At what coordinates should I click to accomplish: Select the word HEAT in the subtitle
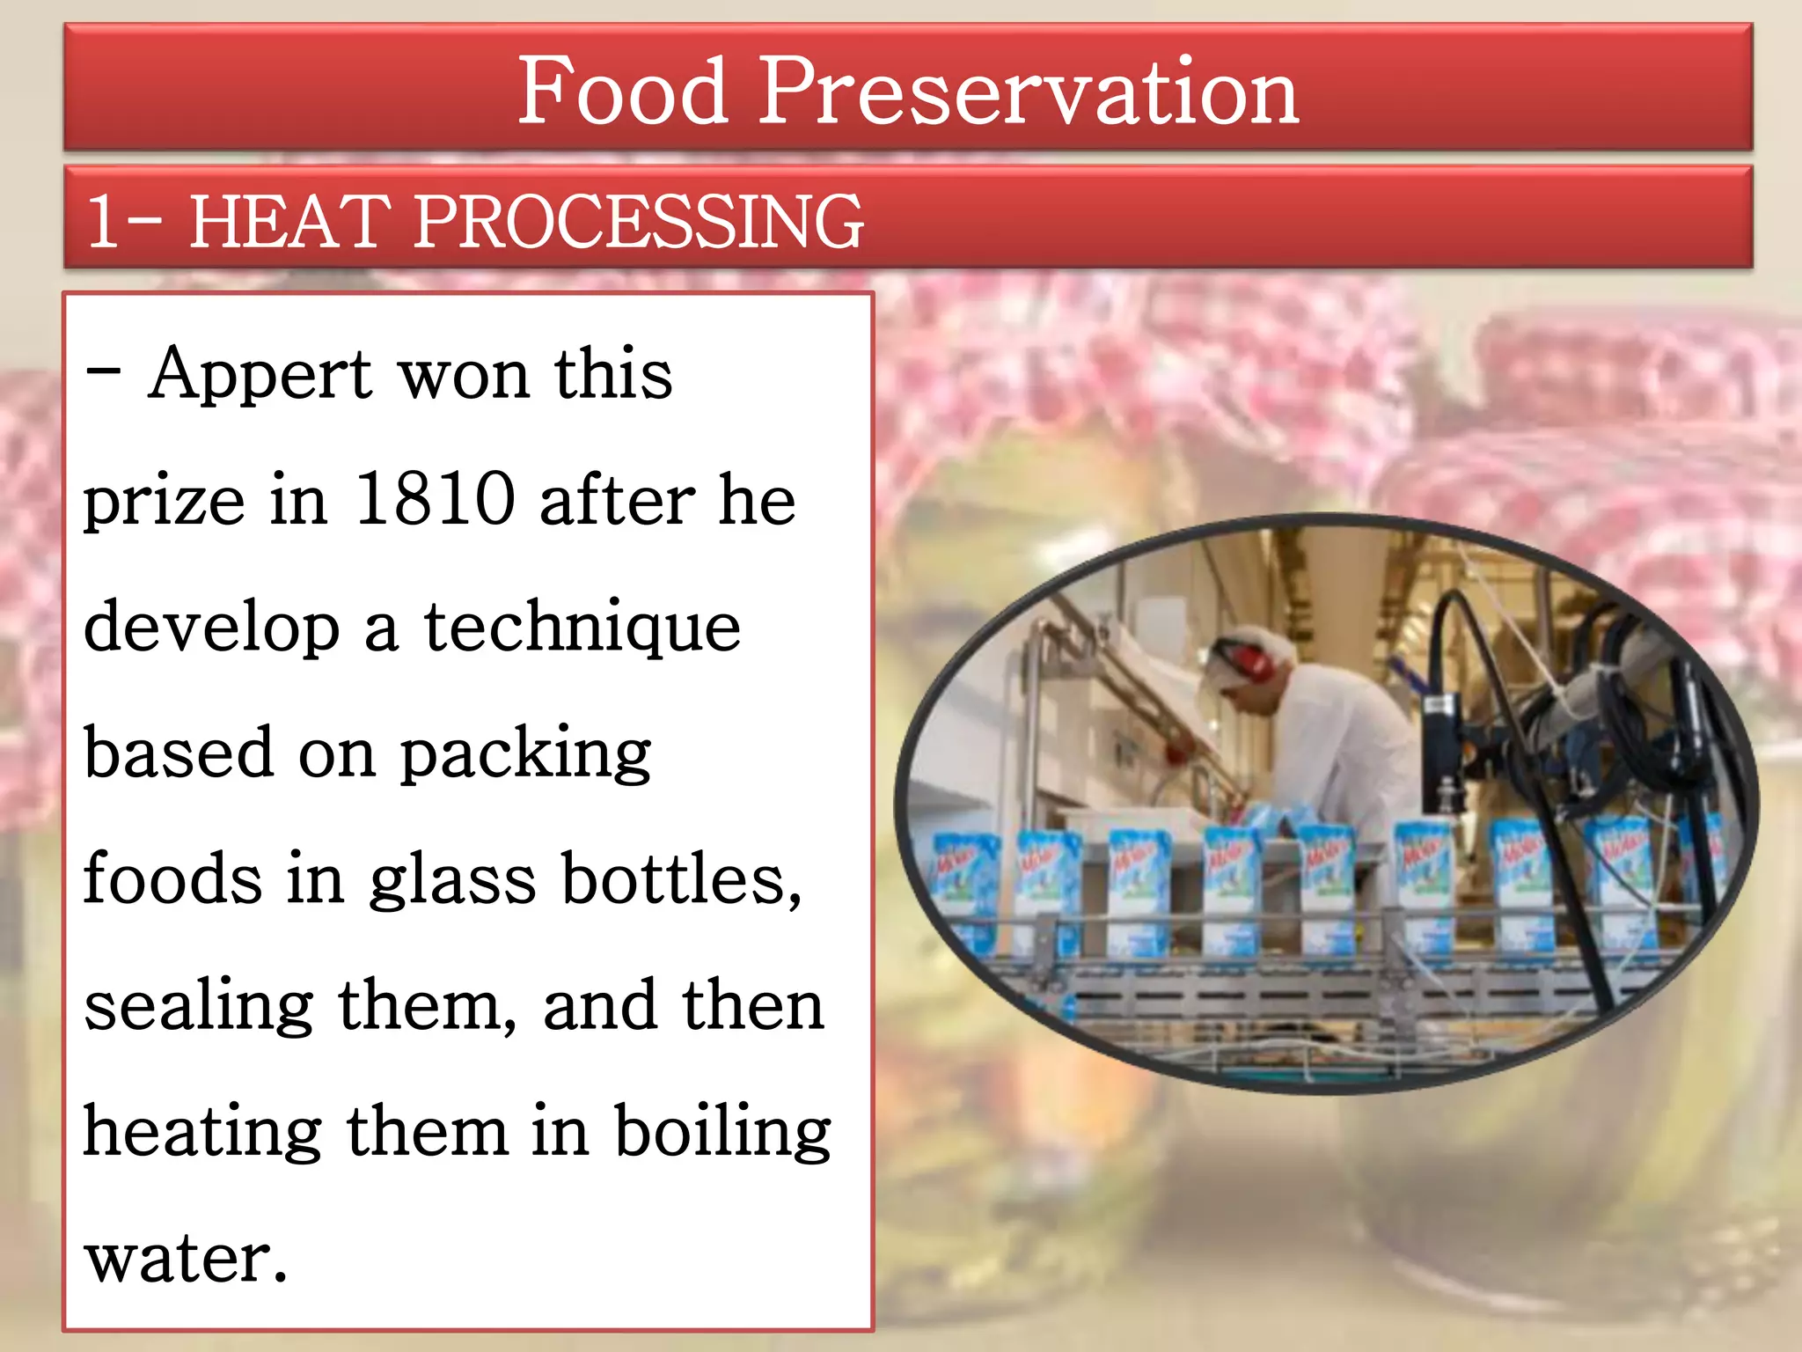(x=290, y=221)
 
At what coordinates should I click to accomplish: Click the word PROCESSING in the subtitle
(x=638, y=221)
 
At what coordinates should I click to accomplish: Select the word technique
(x=582, y=628)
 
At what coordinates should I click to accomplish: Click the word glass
(x=452, y=880)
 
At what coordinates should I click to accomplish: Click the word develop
(x=212, y=628)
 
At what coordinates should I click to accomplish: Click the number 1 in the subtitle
(x=103, y=221)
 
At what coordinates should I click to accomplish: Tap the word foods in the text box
(x=172, y=880)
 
